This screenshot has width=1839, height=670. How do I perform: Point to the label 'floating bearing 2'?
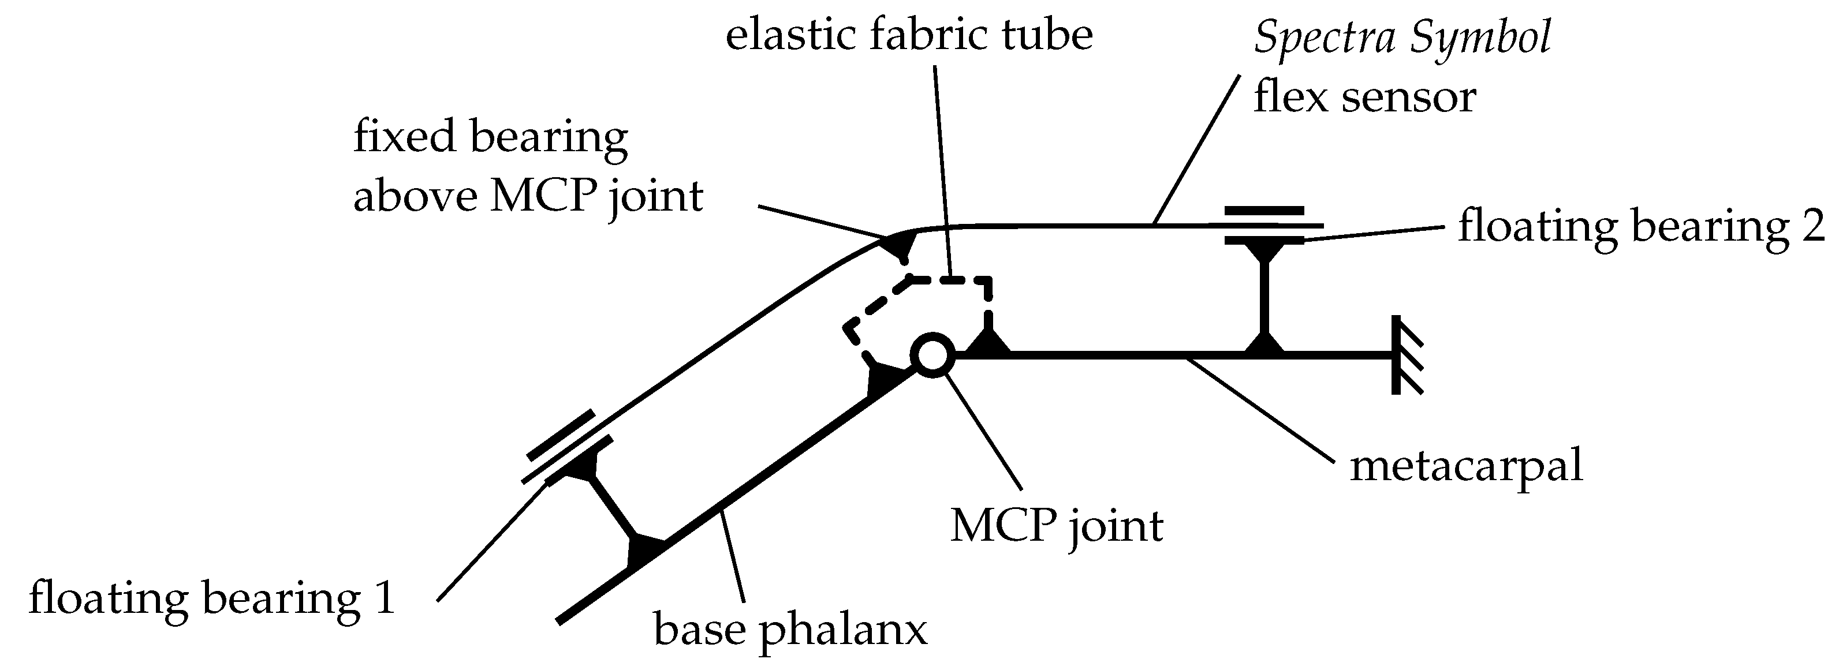(x=1640, y=227)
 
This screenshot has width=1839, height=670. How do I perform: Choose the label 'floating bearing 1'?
(x=211, y=598)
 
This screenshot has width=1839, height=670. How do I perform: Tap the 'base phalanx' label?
(x=790, y=631)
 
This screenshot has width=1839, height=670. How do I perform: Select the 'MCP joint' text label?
(x=1056, y=526)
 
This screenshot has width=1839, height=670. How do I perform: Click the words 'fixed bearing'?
(x=490, y=136)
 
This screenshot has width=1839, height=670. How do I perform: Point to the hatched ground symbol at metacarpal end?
(x=1404, y=355)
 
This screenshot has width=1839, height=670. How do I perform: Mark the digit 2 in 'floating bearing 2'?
(x=1812, y=227)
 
